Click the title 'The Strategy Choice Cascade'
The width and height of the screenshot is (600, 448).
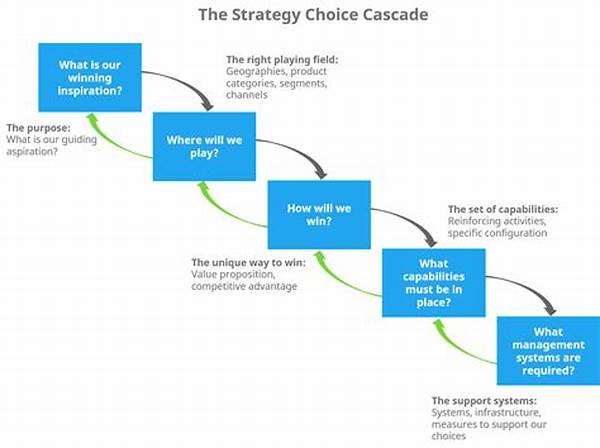[x=313, y=15]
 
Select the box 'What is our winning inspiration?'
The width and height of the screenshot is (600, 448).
[x=90, y=77]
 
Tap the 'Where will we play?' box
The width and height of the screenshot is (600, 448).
[x=204, y=147]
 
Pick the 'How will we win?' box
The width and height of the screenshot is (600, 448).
[x=319, y=215]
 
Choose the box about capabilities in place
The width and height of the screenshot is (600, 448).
[x=434, y=283]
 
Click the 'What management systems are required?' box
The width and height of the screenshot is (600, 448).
[x=548, y=351]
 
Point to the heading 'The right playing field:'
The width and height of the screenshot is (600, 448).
[x=282, y=60]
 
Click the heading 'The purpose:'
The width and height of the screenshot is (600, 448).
[x=38, y=128]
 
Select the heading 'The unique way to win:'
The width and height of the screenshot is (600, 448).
[x=249, y=262]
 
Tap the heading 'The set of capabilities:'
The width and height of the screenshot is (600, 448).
[x=503, y=209]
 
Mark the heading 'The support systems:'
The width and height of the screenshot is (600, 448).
[x=484, y=401]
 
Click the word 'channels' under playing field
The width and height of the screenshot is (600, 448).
[x=246, y=95]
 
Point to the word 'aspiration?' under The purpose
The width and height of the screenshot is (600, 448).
[x=32, y=152]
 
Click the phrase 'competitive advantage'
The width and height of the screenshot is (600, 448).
[x=244, y=286]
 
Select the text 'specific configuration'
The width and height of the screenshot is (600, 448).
[x=497, y=233]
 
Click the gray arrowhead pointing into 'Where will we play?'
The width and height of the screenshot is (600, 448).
[x=207, y=105]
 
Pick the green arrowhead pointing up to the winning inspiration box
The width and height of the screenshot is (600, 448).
[x=92, y=118]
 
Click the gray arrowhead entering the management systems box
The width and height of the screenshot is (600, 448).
[x=550, y=310]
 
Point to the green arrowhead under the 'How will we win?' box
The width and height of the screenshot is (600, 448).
[x=321, y=255]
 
